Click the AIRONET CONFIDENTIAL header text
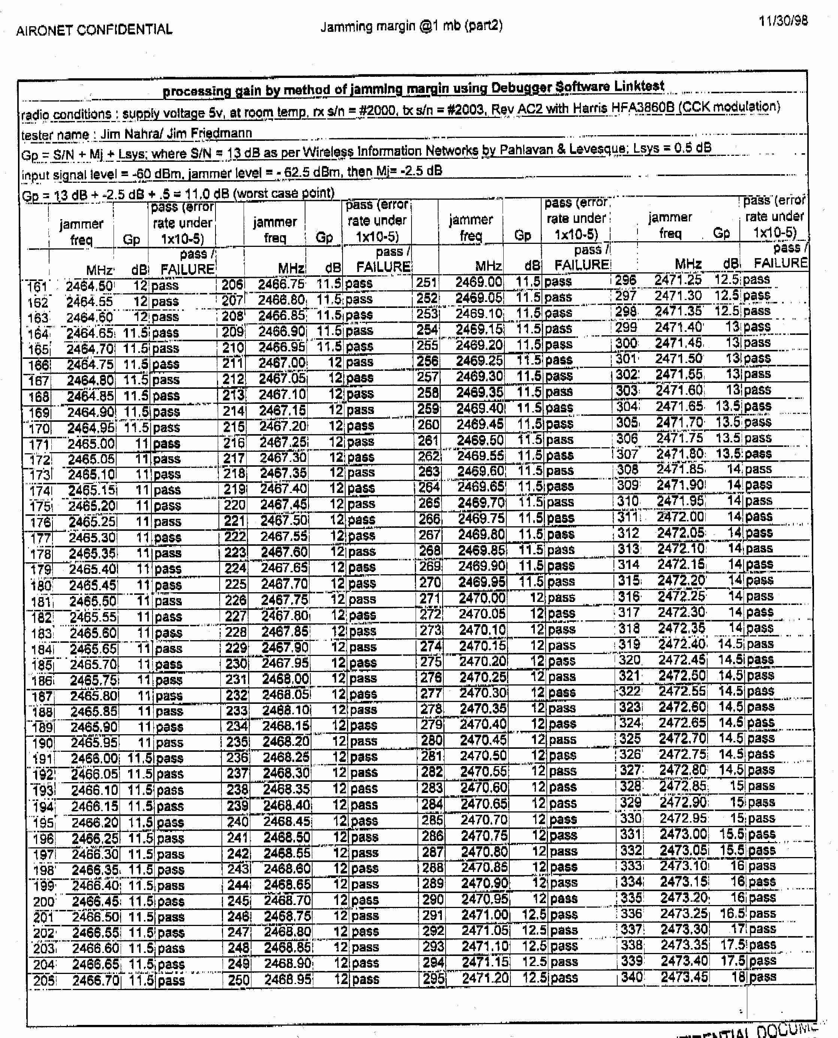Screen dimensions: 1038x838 click(x=94, y=30)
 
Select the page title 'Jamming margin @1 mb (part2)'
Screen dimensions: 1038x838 click(x=411, y=25)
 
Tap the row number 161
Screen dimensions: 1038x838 click(x=37, y=287)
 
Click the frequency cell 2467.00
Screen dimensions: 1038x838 click(x=282, y=362)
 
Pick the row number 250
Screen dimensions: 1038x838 click(x=238, y=980)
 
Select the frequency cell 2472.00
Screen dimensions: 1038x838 click(x=681, y=517)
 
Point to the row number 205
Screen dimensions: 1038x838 click(x=44, y=981)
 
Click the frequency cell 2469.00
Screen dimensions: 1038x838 click(x=478, y=282)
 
